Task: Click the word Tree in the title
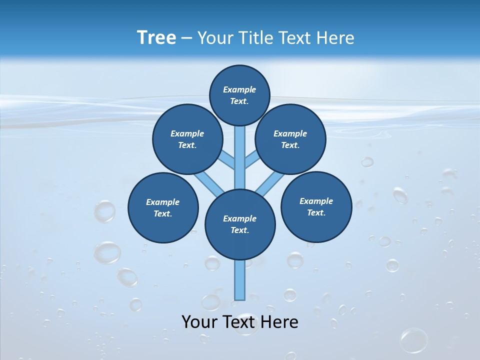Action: (x=156, y=37)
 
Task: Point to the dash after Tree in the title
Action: (x=186, y=38)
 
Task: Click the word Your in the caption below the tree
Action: (x=199, y=322)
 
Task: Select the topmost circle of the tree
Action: (x=239, y=95)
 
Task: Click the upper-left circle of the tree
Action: (x=187, y=139)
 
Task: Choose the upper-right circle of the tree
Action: (x=290, y=139)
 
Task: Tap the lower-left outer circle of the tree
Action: (x=163, y=207)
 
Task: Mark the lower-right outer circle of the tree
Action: (x=316, y=206)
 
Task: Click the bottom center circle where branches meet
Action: (x=240, y=224)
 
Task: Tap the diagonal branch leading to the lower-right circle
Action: (x=270, y=183)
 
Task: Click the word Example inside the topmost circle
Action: (x=239, y=89)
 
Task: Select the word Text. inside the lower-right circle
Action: (x=316, y=212)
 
